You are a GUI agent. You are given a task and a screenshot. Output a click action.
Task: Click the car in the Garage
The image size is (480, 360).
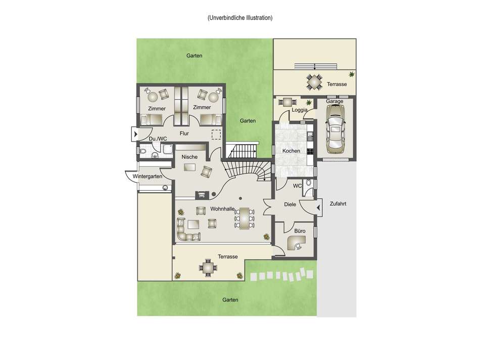335,129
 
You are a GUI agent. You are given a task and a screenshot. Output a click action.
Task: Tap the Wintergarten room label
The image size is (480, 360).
147,176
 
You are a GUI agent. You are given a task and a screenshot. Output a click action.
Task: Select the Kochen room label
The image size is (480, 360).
291,151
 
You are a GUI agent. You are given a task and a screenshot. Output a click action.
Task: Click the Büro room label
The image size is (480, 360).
300,231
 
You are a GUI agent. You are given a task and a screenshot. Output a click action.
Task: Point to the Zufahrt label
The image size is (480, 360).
338,204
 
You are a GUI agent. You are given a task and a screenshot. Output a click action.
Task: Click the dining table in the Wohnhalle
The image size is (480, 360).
245,218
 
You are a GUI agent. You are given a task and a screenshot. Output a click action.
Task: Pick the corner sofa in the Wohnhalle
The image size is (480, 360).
187,231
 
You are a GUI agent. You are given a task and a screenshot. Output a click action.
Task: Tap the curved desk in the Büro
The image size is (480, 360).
296,243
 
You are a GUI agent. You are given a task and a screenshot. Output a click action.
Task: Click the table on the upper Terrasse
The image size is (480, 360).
315,82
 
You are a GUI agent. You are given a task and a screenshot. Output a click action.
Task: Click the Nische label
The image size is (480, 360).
189,157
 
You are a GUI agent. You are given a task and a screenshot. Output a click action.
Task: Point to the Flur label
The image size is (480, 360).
184,133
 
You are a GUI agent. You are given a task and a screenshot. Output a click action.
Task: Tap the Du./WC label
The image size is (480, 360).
158,139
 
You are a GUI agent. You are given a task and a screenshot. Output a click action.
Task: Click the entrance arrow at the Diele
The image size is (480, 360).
319,208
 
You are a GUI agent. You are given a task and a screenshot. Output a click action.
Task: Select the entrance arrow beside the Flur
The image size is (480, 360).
135,134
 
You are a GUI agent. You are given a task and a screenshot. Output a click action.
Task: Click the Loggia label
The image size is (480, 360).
300,110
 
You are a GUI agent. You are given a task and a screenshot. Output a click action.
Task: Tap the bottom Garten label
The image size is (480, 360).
230,300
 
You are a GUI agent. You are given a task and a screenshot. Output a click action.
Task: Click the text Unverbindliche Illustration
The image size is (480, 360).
240,18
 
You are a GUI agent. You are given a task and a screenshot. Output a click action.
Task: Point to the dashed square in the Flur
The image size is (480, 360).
216,134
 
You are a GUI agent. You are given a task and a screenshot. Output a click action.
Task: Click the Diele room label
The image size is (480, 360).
290,204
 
